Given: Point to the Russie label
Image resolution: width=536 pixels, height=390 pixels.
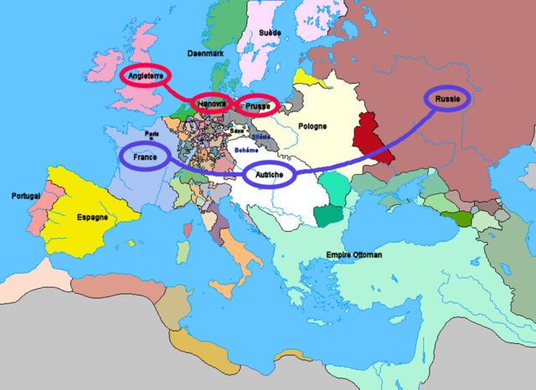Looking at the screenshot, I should tap(448, 98).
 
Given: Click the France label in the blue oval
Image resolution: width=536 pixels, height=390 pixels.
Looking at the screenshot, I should tap(145, 157).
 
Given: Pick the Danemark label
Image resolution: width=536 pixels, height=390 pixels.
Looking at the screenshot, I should tap(205, 52).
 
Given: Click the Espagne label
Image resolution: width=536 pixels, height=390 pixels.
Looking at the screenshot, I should tap(92, 217).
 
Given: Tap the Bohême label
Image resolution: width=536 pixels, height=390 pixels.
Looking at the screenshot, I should tap(246, 149).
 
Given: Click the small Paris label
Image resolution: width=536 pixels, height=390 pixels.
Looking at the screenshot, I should tap(151, 132).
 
